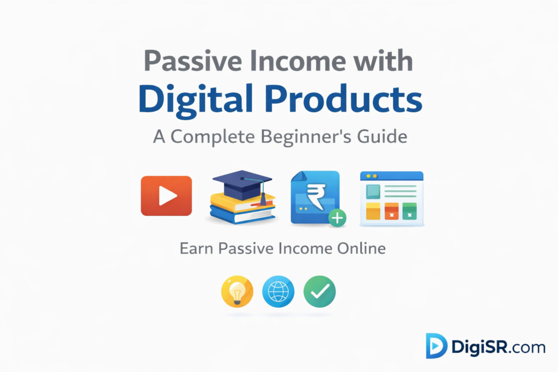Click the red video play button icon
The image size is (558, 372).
click(x=166, y=196)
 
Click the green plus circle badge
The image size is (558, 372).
click(x=338, y=218)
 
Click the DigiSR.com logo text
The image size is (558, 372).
click(x=498, y=346)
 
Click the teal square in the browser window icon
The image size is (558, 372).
click(x=373, y=192)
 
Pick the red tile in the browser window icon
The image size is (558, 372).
click(x=392, y=211)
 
